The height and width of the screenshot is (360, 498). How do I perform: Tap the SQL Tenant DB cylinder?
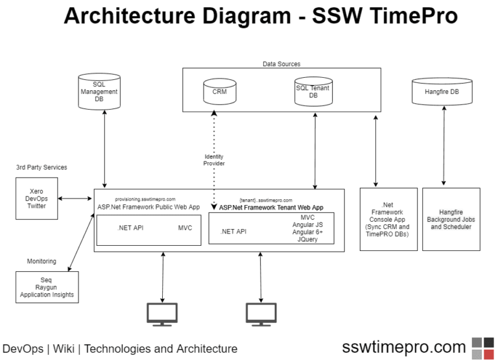coord(313,93)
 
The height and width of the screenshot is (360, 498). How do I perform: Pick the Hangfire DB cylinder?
coord(442,93)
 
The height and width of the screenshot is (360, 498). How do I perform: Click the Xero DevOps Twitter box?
coord(36,198)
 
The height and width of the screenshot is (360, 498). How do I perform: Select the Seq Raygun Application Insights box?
coord(47,287)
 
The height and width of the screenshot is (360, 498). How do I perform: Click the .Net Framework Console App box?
coord(388,219)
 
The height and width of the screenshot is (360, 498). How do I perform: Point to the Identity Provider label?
coord(214,160)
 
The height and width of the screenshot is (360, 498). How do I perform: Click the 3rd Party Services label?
coord(41,167)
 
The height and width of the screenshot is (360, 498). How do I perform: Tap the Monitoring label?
coord(41,261)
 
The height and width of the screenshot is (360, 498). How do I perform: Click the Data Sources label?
coord(281,64)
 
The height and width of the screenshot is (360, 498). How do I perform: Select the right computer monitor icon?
coord(261,315)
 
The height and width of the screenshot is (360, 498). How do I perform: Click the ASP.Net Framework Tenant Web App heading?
coord(270,208)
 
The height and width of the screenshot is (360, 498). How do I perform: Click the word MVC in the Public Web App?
coord(185,228)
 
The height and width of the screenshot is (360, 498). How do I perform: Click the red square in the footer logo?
coord(488,354)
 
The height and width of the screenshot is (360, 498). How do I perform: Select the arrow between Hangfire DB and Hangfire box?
coord(444,148)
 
